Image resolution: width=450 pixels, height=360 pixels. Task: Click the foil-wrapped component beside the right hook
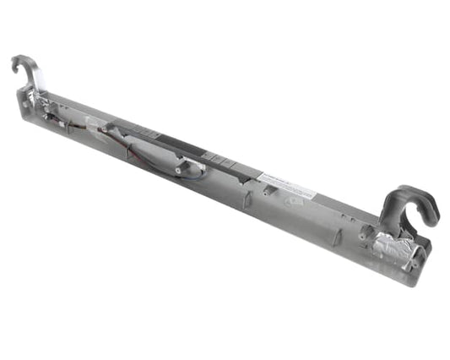tap(397, 248)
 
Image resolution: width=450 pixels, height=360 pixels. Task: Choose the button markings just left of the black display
tap(147, 134)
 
